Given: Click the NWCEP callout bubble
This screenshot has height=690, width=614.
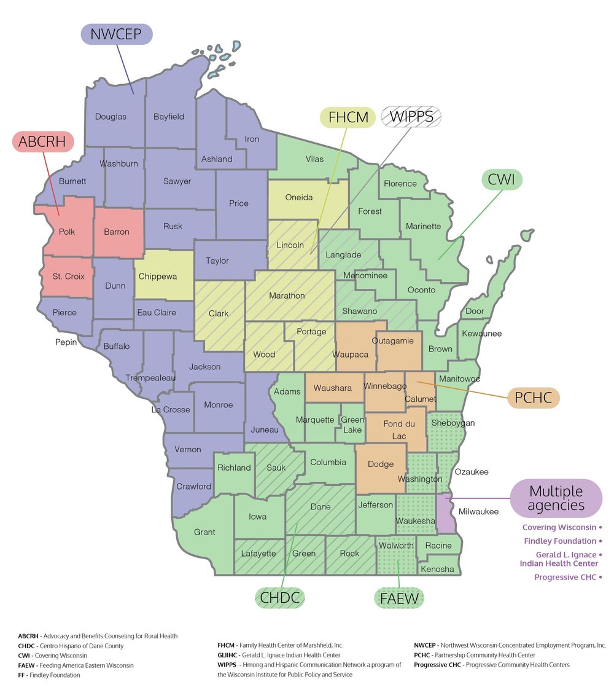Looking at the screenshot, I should (x=116, y=33).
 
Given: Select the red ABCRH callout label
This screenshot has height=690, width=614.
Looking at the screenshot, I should (x=43, y=142).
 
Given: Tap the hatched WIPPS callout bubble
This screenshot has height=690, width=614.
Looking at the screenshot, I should (x=411, y=117).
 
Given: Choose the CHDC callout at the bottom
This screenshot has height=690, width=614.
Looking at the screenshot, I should (x=281, y=597).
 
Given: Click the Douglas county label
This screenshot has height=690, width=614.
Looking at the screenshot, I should (x=111, y=117).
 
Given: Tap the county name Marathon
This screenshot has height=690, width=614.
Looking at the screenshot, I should (x=287, y=296).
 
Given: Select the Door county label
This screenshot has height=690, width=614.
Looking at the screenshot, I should (x=474, y=312).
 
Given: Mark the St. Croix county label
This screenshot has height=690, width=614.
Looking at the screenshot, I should (x=68, y=276).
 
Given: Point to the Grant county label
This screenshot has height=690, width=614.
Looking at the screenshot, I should (x=204, y=532).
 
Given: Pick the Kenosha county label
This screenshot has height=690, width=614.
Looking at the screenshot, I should (x=437, y=570).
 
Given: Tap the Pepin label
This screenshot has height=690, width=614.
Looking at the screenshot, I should (x=66, y=342).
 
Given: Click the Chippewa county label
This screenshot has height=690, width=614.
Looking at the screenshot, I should (x=158, y=276).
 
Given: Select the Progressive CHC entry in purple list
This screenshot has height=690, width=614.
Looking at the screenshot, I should (x=565, y=577).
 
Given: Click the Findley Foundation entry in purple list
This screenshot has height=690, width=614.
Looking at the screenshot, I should (x=560, y=541).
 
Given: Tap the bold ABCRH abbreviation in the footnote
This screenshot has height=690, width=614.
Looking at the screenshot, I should (x=28, y=636).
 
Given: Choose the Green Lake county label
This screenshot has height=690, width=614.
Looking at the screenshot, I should (x=352, y=425).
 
